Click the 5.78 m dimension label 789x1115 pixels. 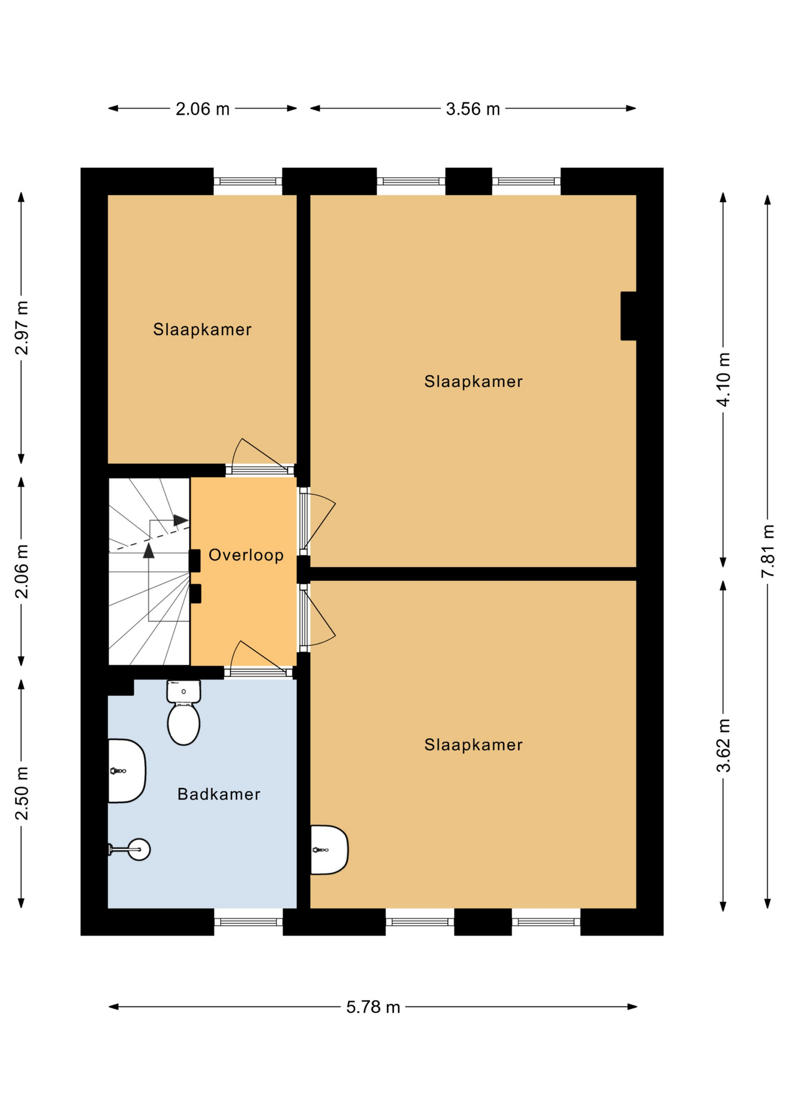[x=373, y=1007]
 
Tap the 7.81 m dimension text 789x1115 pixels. [x=768, y=551]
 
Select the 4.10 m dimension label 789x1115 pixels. [x=723, y=379]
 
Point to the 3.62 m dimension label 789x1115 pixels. [x=723, y=745]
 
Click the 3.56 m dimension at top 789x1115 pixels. [x=472, y=109]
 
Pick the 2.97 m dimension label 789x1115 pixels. [x=22, y=328]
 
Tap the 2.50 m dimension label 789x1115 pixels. [x=22, y=793]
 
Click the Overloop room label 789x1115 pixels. [x=246, y=555]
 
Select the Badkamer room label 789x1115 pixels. [x=218, y=794]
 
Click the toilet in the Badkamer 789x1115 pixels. [x=184, y=714]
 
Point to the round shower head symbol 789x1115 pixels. [x=139, y=850]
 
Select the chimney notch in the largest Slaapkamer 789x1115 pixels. [x=628, y=316]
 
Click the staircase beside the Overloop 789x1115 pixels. [x=149, y=572]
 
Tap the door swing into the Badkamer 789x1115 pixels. [x=258, y=659]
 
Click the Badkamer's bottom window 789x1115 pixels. [x=248, y=922]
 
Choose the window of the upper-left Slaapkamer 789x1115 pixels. [x=248, y=181]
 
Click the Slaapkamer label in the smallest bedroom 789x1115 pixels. [x=202, y=329]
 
